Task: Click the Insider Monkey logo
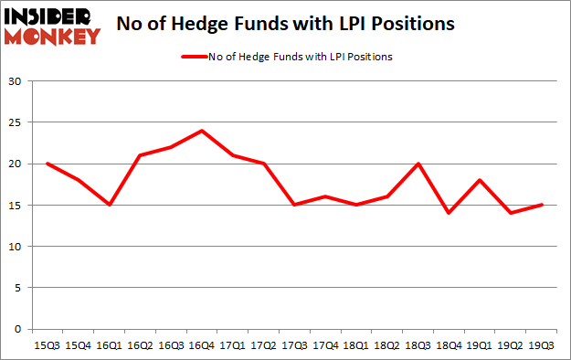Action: pyautogui.click(x=51, y=25)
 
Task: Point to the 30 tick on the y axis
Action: pyautogui.click(x=15, y=81)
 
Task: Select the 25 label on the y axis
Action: pyautogui.click(x=15, y=122)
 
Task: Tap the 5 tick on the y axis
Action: pyautogui.click(x=17, y=288)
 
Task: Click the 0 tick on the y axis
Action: pyautogui.click(x=17, y=329)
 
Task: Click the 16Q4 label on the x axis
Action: pyautogui.click(x=201, y=344)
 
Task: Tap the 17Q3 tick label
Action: pyautogui.click(x=294, y=344)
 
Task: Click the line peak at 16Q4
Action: pyautogui.click(x=201, y=131)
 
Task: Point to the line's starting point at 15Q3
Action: pyautogui.click(x=47, y=164)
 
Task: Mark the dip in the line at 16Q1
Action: pyautogui.click(x=109, y=205)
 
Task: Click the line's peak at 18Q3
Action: pyautogui.click(x=418, y=164)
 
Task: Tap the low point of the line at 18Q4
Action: pyautogui.click(x=449, y=213)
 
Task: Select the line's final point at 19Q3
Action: pyautogui.click(x=541, y=205)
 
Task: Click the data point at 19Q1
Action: pyautogui.click(x=480, y=180)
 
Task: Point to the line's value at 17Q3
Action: pyautogui.click(x=294, y=205)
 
